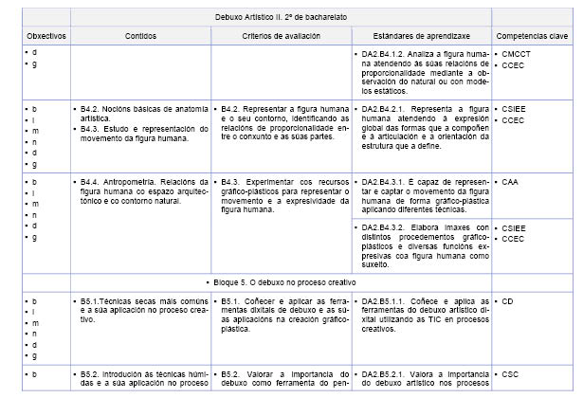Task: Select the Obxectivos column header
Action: click(x=46, y=35)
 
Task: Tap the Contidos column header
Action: click(x=141, y=35)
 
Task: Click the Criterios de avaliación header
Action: click(x=281, y=35)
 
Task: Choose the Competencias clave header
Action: click(x=532, y=35)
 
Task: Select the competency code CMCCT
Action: click(x=519, y=54)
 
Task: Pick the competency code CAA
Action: click(x=512, y=180)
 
